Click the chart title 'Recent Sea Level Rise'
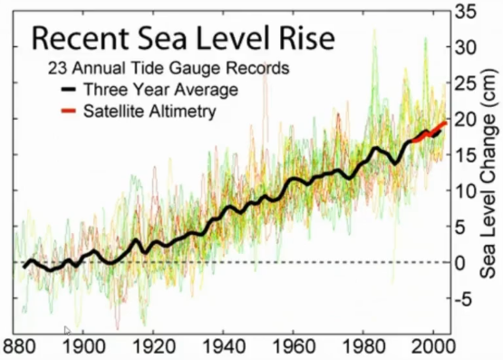tap(183, 38)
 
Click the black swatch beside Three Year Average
tap(68, 89)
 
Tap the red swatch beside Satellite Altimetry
tap(68, 111)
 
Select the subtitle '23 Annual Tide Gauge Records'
tap(169, 68)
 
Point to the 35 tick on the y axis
tap(465, 12)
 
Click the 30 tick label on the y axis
tap(465, 48)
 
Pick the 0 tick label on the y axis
tap(460, 263)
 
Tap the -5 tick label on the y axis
tap(464, 299)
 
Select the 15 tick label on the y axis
tap(465, 156)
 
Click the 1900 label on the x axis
tap(84, 347)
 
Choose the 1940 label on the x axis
tap(224, 347)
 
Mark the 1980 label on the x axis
tap(363, 347)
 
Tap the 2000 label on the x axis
tap(434, 347)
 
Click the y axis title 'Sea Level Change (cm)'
tap(489, 173)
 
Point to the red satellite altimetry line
tap(430, 132)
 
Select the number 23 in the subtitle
tap(58, 68)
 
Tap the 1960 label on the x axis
tap(294, 347)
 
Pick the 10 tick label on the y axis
tap(465, 192)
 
